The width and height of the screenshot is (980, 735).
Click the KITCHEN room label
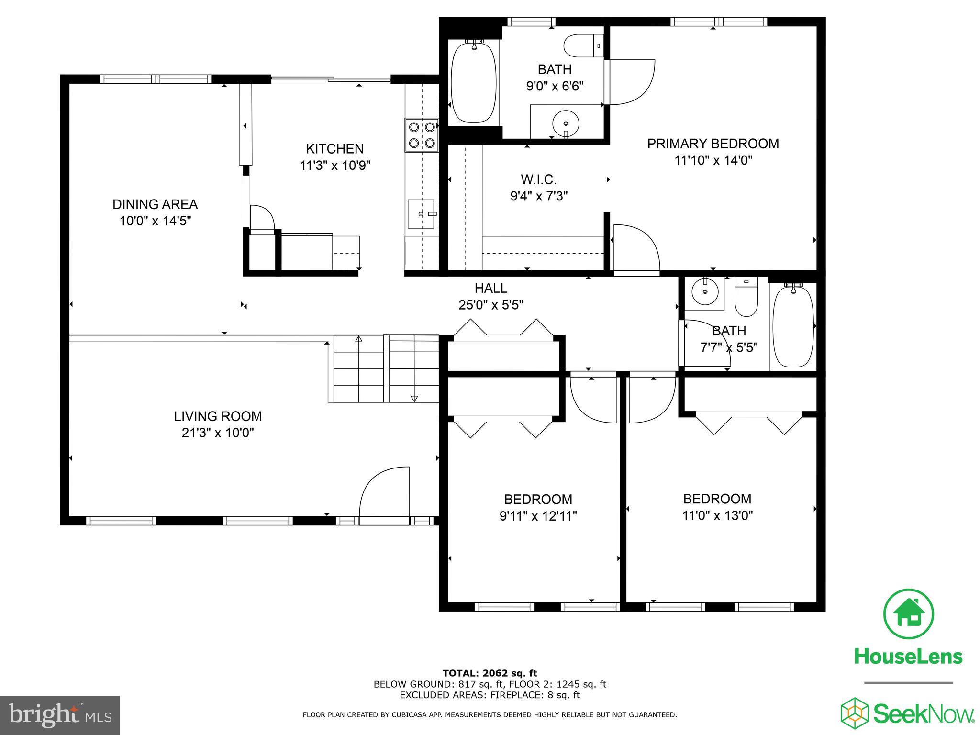(x=334, y=148)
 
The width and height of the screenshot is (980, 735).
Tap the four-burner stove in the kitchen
(x=422, y=135)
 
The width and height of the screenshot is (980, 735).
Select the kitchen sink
(x=421, y=214)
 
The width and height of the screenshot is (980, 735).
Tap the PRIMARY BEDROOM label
(x=713, y=144)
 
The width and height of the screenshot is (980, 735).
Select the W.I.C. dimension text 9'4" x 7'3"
(x=539, y=196)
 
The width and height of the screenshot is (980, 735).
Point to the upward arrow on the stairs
(x=359, y=339)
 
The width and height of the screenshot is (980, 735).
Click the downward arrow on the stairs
(x=414, y=398)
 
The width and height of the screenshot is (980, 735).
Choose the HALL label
(x=490, y=288)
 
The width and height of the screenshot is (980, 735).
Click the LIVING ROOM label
(x=218, y=416)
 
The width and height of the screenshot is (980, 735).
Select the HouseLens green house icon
(x=908, y=614)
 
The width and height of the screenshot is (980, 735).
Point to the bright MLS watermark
(x=60, y=715)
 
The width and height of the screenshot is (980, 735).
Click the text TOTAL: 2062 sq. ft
(x=490, y=673)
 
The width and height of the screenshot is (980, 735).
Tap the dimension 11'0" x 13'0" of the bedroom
(x=717, y=515)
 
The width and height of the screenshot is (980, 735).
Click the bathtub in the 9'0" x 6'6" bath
(x=474, y=82)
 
